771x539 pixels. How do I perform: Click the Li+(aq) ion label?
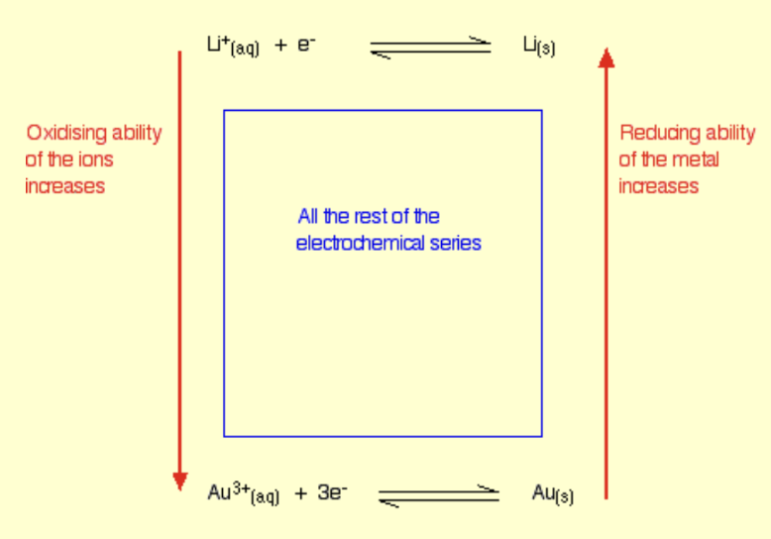pos(233,46)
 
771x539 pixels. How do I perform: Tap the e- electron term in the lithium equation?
pos(304,45)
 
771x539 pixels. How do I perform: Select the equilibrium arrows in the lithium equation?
pos(430,48)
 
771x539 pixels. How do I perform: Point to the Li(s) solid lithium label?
pos(538,46)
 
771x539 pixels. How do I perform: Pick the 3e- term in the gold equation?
pos(332,491)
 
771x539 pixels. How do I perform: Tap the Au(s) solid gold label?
pos(552,492)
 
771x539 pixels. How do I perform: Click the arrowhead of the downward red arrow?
pos(179,481)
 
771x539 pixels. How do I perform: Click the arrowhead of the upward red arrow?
pos(606,57)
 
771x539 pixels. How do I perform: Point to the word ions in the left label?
pos(96,160)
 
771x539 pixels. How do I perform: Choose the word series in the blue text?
pos(456,243)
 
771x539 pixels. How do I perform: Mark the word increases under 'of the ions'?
pos(64,186)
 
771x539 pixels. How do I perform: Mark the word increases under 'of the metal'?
pos(659,186)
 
